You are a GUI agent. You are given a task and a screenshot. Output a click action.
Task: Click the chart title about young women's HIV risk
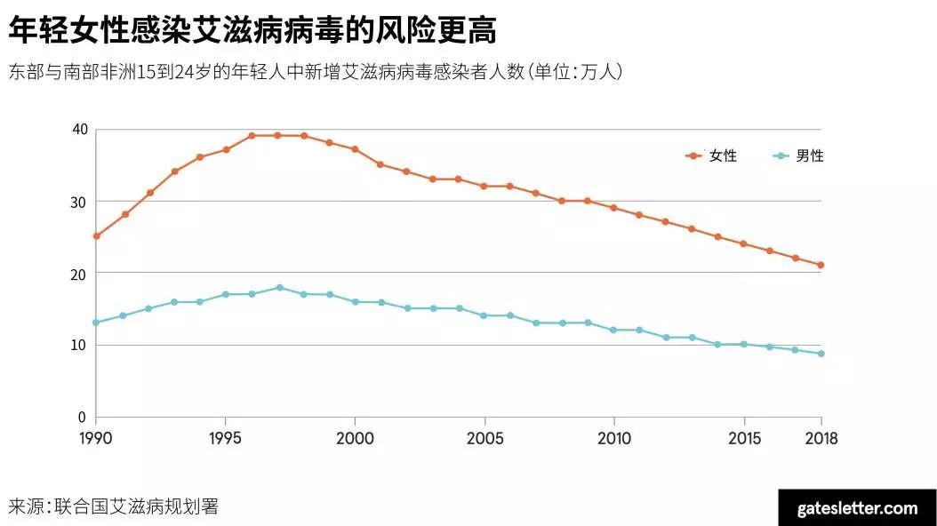252,30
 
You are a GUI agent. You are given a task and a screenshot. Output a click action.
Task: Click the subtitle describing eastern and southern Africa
316,72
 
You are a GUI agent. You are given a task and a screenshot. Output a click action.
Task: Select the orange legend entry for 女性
712,156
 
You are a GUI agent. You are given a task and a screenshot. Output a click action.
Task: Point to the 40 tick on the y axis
80,130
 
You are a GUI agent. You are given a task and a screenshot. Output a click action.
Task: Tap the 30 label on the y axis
80,202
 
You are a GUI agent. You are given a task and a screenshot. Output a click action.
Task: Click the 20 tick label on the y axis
80,274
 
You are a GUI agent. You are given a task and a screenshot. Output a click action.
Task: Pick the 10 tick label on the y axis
80,346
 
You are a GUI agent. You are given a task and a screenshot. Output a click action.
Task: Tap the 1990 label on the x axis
96,438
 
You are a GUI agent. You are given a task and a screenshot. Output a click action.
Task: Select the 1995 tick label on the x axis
226,438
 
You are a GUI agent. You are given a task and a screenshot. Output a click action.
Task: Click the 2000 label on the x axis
355,438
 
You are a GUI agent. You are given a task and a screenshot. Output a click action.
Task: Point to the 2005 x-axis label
485,438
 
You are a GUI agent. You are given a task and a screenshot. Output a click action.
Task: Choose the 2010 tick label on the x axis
613,438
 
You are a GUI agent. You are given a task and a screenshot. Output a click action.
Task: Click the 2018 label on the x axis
820,438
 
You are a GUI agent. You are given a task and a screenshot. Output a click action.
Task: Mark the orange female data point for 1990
96,236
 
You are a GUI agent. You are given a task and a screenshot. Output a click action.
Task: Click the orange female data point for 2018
821,265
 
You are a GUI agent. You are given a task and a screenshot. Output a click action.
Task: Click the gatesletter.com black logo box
856,507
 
